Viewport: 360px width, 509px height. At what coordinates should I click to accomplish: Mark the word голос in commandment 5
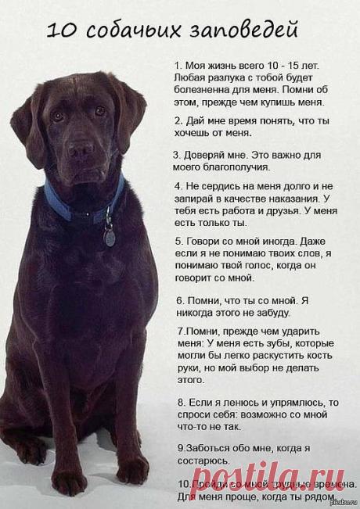coord(260,265)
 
